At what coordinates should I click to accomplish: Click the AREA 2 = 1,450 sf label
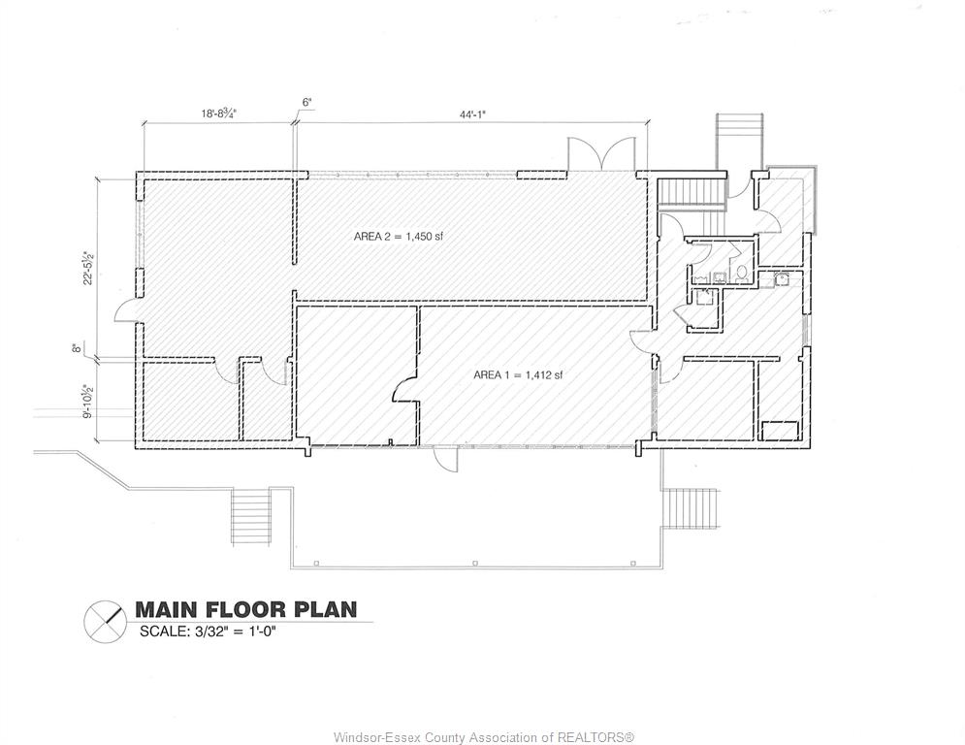(399, 237)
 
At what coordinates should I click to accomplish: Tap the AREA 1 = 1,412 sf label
(518, 375)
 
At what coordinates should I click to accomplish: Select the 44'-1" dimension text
(472, 113)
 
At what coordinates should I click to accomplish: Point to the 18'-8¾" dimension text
(219, 113)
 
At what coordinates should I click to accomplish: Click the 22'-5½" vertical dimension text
(90, 267)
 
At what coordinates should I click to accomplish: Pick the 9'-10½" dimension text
(90, 402)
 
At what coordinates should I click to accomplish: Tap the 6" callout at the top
(307, 102)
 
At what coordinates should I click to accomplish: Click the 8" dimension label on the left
(77, 348)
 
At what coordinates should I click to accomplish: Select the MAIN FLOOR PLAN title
(245, 609)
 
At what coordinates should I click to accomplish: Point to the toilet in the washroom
(742, 273)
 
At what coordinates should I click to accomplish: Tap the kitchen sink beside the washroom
(783, 279)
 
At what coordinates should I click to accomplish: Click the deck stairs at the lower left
(250, 515)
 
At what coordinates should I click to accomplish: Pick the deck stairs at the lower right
(691, 507)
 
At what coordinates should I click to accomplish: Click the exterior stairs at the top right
(739, 143)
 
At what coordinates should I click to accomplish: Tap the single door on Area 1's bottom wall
(445, 459)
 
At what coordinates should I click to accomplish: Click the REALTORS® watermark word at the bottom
(595, 737)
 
